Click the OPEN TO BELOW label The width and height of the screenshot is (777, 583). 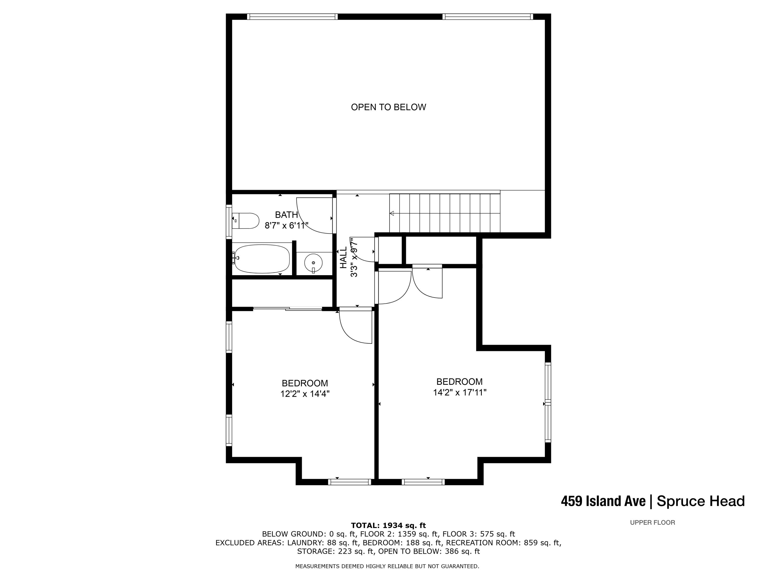click(x=388, y=107)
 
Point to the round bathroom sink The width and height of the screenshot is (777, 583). click(x=313, y=263)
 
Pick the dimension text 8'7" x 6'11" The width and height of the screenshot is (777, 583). click(x=286, y=226)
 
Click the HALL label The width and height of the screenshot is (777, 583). click(x=343, y=258)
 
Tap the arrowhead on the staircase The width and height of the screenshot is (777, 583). click(x=392, y=213)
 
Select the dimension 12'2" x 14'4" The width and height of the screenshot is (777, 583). click(x=305, y=394)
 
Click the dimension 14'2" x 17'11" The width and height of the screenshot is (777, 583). click(x=459, y=393)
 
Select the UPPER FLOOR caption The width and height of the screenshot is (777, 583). click(x=652, y=523)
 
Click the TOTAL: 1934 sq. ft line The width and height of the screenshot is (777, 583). click(x=388, y=525)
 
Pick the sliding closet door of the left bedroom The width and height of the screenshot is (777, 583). click(x=287, y=309)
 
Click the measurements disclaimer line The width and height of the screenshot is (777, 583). click(x=387, y=566)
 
